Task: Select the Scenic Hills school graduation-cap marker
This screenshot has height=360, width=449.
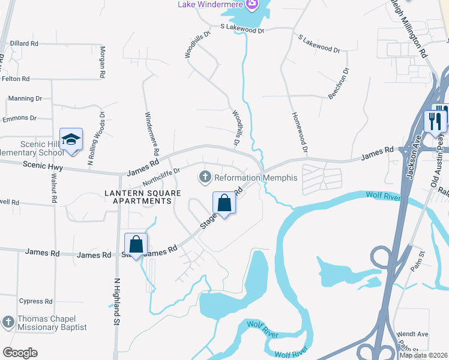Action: tap(71, 140)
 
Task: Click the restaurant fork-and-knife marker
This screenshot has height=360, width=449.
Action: tap(435, 121)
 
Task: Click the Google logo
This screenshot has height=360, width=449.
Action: tap(20, 353)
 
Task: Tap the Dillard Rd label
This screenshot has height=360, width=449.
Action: tap(24, 44)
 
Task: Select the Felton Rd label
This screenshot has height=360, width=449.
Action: tap(16, 79)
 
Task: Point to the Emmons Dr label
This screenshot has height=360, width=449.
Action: tap(19, 118)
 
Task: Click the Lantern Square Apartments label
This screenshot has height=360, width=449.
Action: tap(138, 197)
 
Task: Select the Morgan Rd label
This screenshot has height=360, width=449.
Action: tap(103, 62)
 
